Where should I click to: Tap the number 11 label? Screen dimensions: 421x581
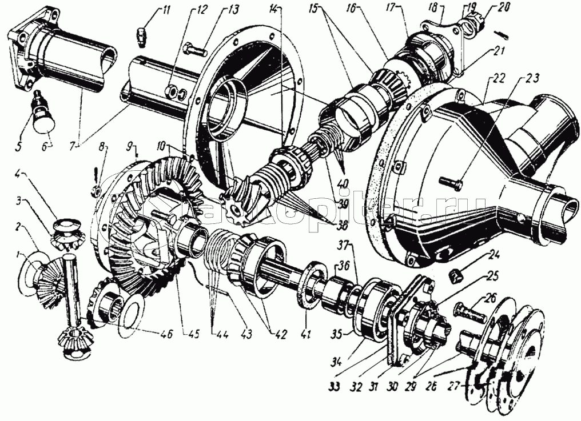(150, 9)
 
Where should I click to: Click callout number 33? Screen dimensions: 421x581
(335, 387)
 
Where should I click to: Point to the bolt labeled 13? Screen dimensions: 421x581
(194, 50)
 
